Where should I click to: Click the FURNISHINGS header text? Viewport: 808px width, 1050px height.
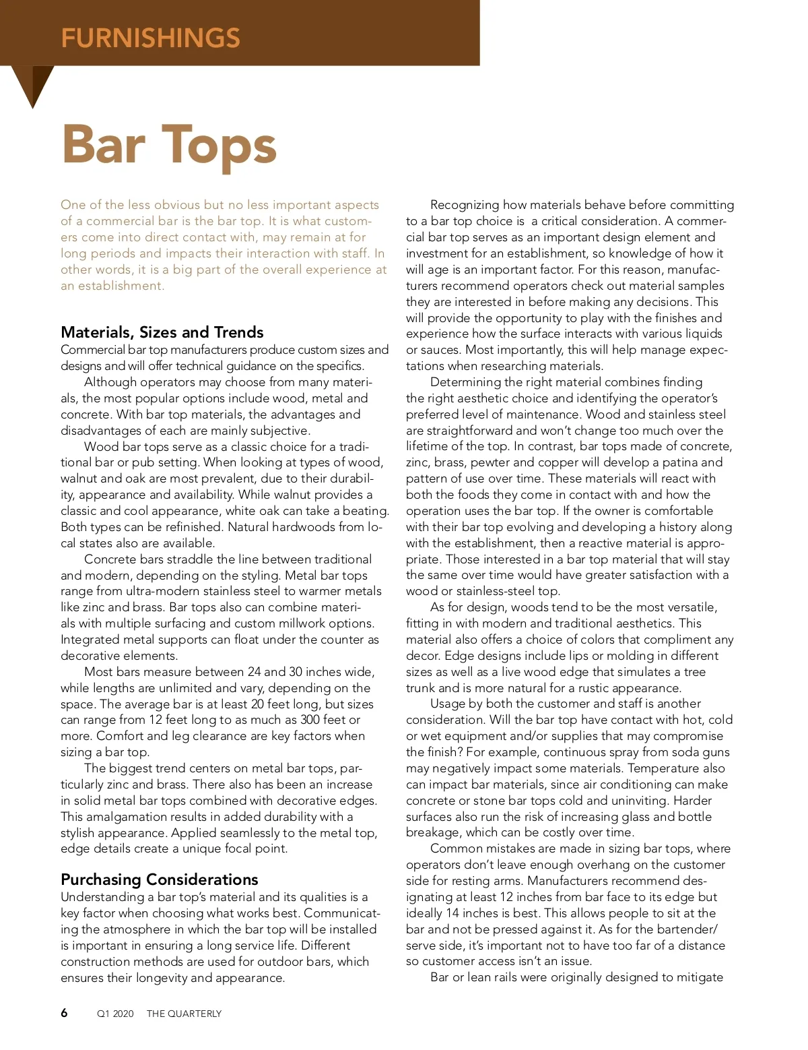pos(150,38)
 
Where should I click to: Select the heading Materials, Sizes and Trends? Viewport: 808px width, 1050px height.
pos(162,332)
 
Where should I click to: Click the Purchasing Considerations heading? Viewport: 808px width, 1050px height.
pos(159,879)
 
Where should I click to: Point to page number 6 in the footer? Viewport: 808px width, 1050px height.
pos(64,1013)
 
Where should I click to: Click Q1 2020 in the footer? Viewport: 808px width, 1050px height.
pos(115,1014)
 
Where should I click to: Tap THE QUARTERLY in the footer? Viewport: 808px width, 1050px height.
pos(184,1014)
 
